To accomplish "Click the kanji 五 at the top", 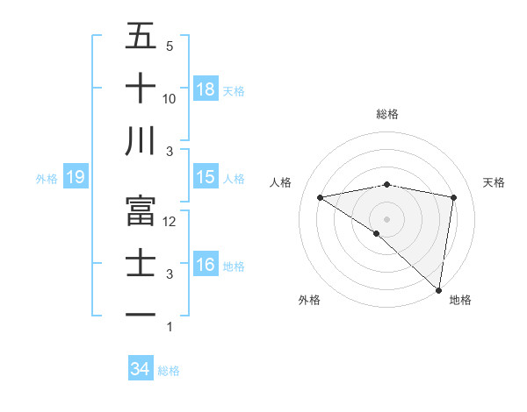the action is pyautogui.click(x=141, y=36).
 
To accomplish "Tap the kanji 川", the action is pyautogui.click(x=141, y=141).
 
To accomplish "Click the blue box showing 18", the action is pyautogui.click(x=206, y=89).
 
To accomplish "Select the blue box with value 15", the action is pyautogui.click(x=206, y=177).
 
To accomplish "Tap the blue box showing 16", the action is pyautogui.click(x=206, y=265).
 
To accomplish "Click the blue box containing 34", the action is pyautogui.click(x=141, y=370).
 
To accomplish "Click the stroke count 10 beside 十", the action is pyautogui.click(x=170, y=99).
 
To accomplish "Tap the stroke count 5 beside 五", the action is pyautogui.click(x=169, y=46).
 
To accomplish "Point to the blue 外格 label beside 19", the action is pyautogui.click(x=47, y=179).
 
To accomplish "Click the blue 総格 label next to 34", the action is pyautogui.click(x=169, y=371).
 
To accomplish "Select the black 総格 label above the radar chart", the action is pyautogui.click(x=387, y=114).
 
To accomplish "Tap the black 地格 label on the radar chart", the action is pyautogui.click(x=460, y=300).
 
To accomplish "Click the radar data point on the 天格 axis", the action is pyautogui.click(x=454, y=197).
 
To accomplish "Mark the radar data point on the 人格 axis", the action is pyautogui.click(x=321, y=197).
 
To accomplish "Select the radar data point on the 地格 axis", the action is pyautogui.click(x=438, y=288).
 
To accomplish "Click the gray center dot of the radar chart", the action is pyautogui.click(x=386, y=217).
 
